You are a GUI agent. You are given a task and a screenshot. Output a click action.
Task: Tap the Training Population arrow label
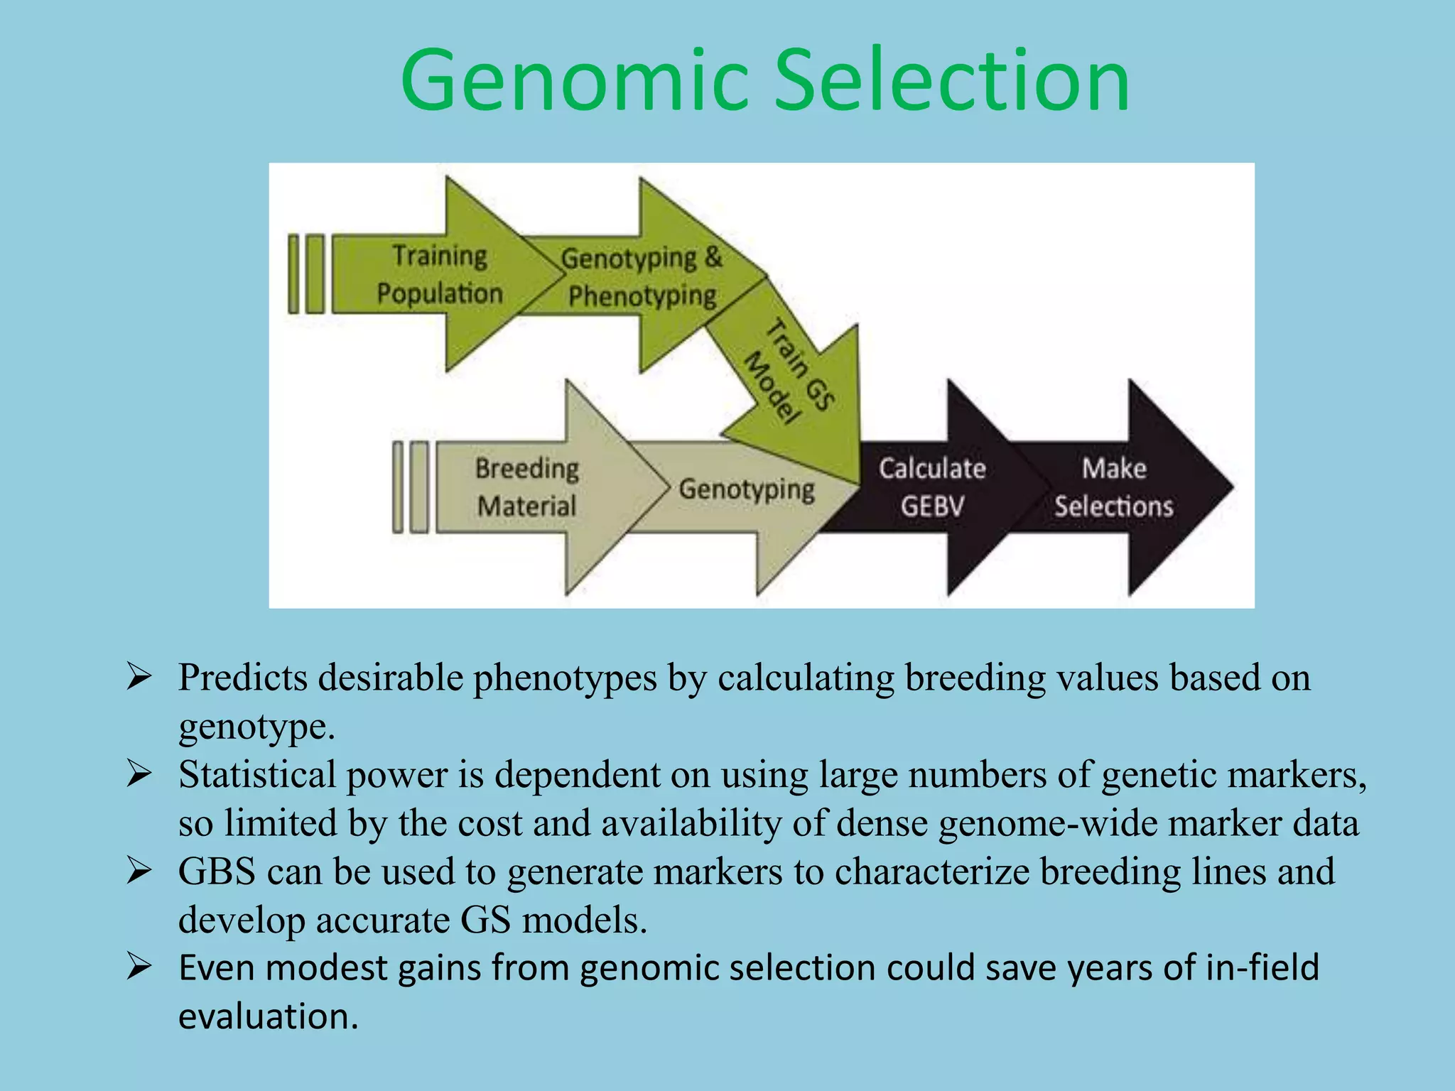tap(439, 274)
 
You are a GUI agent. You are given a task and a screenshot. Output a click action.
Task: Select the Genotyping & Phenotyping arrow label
tap(642, 277)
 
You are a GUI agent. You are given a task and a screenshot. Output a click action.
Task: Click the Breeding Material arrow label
tap(526, 487)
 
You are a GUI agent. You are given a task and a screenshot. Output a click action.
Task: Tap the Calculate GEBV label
tap(931, 487)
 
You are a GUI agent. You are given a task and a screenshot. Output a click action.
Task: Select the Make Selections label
tap(1113, 487)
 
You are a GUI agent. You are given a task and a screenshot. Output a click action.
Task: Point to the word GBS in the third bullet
tap(217, 872)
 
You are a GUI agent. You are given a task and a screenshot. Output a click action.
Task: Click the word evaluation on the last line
tap(268, 1016)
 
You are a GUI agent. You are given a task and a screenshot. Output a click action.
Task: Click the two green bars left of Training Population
tap(306, 274)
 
